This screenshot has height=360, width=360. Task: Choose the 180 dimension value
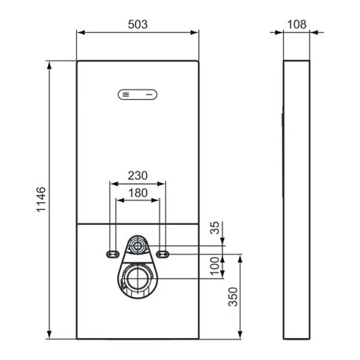click(138, 192)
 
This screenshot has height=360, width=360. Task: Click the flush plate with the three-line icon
click(138, 95)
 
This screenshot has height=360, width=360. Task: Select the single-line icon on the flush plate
click(148, 95)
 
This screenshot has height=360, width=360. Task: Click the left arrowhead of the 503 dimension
click(79, 32)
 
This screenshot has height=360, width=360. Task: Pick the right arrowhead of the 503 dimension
click(197, 32)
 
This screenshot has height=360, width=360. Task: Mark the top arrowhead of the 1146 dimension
click(51, 64)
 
